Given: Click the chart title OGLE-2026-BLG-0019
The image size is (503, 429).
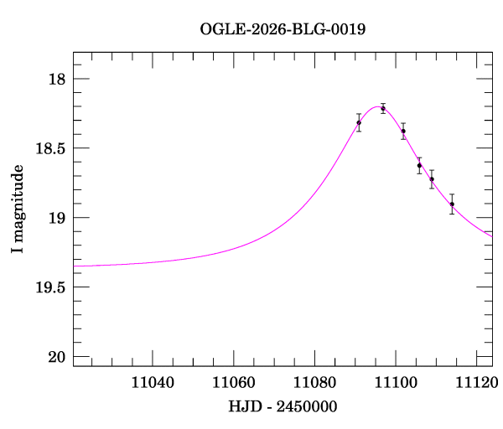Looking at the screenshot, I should (283, 29).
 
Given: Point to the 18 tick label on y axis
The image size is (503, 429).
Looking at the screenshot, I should (57, 80).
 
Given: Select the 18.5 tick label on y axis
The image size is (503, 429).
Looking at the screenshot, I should (50, 149).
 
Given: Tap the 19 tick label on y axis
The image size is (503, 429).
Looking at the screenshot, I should (57, 219).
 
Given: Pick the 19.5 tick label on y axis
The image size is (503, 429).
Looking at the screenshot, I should (50, 288).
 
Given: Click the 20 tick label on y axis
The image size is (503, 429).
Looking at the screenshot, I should (57, 358).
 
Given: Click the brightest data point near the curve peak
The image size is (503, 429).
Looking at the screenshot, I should (383, 108).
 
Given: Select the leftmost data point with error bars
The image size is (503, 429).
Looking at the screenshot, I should (359, 122).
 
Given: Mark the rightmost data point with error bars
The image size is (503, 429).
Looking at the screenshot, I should (452, 204).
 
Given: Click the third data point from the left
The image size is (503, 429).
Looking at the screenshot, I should (403, 131).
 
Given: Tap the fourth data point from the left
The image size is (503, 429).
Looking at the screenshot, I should (419, 166).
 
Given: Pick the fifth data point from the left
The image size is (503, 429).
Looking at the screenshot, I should (432, 179).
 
